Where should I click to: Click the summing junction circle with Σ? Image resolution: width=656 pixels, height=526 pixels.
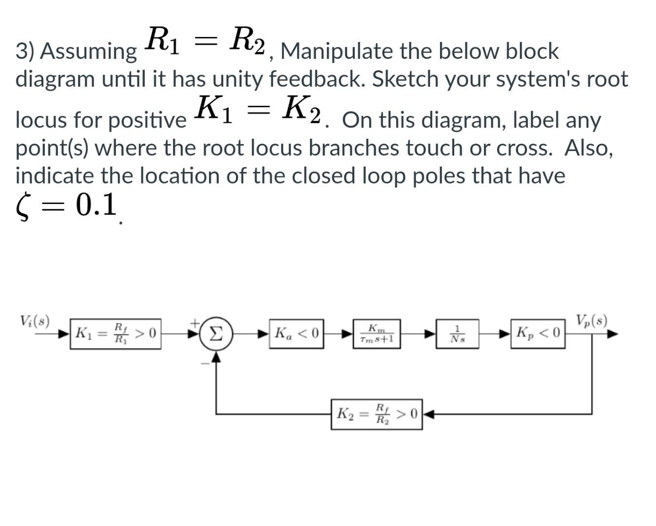(216, 334)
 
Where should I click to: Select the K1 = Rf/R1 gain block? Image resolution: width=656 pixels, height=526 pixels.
(116, 334)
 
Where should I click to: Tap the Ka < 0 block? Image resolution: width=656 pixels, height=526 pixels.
(297, 334)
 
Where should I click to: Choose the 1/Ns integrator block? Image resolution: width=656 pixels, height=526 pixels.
(457, 334)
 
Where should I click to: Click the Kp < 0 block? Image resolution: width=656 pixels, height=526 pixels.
(538, 334)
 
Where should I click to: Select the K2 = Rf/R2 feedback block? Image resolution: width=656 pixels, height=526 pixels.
(377, 414)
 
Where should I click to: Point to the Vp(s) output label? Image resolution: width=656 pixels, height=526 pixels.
(591, 321)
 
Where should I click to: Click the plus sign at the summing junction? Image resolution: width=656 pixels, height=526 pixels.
(194, 322)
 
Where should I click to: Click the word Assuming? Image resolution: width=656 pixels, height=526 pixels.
(88, 52)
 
